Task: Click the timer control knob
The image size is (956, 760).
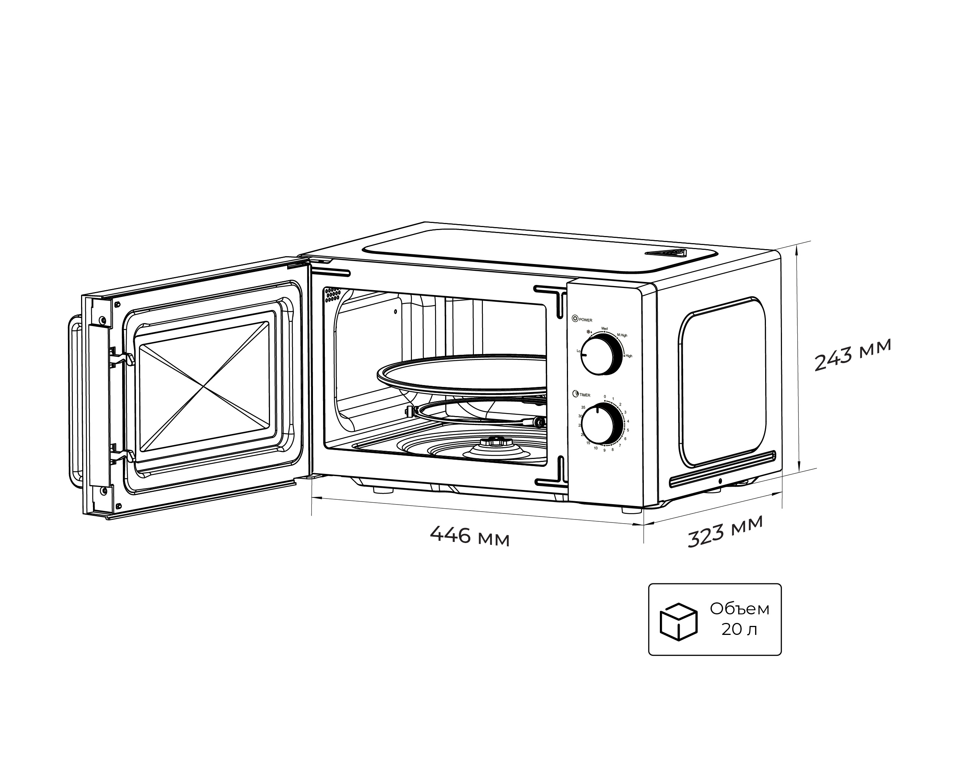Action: pos(601,424)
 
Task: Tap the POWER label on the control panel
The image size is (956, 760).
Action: pos(585,320)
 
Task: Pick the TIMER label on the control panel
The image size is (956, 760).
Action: pos(584,395)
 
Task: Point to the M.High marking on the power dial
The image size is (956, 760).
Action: pos(622,336)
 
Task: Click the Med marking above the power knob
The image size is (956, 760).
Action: pos(604,329)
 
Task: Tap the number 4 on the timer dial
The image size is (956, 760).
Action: pos(628,421)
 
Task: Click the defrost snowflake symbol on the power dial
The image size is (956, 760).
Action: pos(589,332)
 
